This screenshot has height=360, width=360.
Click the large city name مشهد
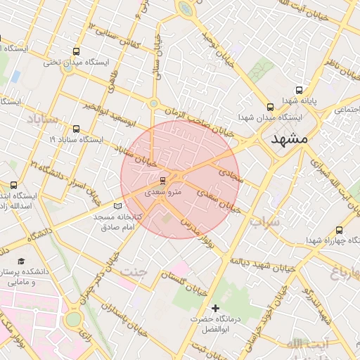pos(289,139)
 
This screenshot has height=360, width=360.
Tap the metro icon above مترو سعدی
pos(163,180)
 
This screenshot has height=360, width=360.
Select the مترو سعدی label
pos(163,191)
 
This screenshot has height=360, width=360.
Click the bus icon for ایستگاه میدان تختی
pos(76,51)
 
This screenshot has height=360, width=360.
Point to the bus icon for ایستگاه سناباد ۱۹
pos(76,129)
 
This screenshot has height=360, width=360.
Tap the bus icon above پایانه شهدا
pos(300,90)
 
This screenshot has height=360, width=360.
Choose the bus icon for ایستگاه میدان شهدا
pos(270,107)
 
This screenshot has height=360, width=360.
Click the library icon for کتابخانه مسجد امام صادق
pos(117,206)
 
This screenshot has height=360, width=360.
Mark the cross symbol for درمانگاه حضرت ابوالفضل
pos(215,308)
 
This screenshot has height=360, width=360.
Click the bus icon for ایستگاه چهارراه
pos(340,230)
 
